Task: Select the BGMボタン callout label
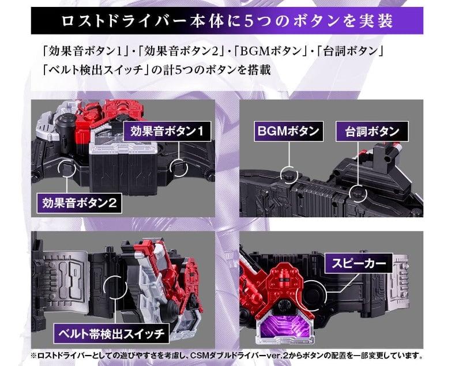(x=288, y=131)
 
